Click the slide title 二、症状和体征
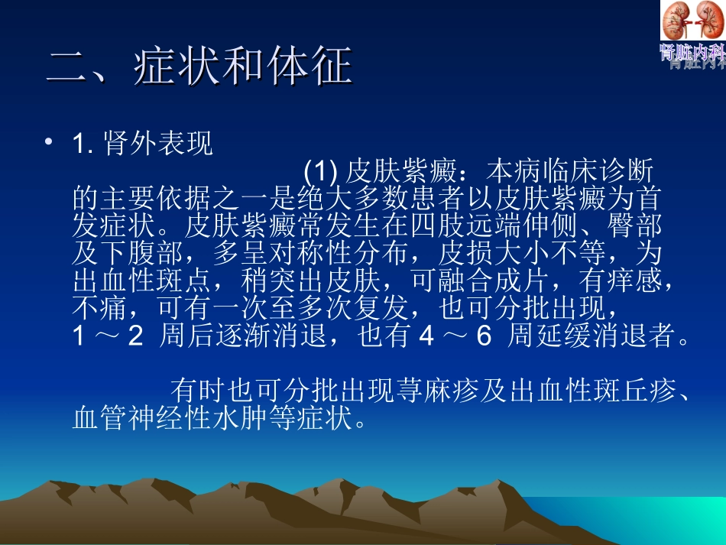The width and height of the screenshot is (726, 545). (x=199, y=67)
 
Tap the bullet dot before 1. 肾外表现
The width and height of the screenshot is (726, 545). (x=50, y=142)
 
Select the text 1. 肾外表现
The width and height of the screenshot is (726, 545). (x=143, y=144)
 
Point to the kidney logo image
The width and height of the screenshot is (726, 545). (x=692, y=21)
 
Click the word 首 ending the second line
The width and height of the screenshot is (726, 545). (x=647, y=200)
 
